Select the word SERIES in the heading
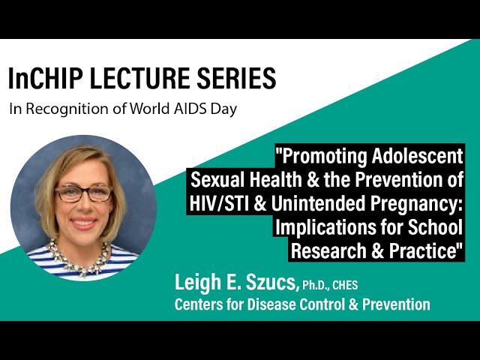pyautogui.click(x=236, y=77)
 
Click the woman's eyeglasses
pyautogui.click(x=83, y=193)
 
